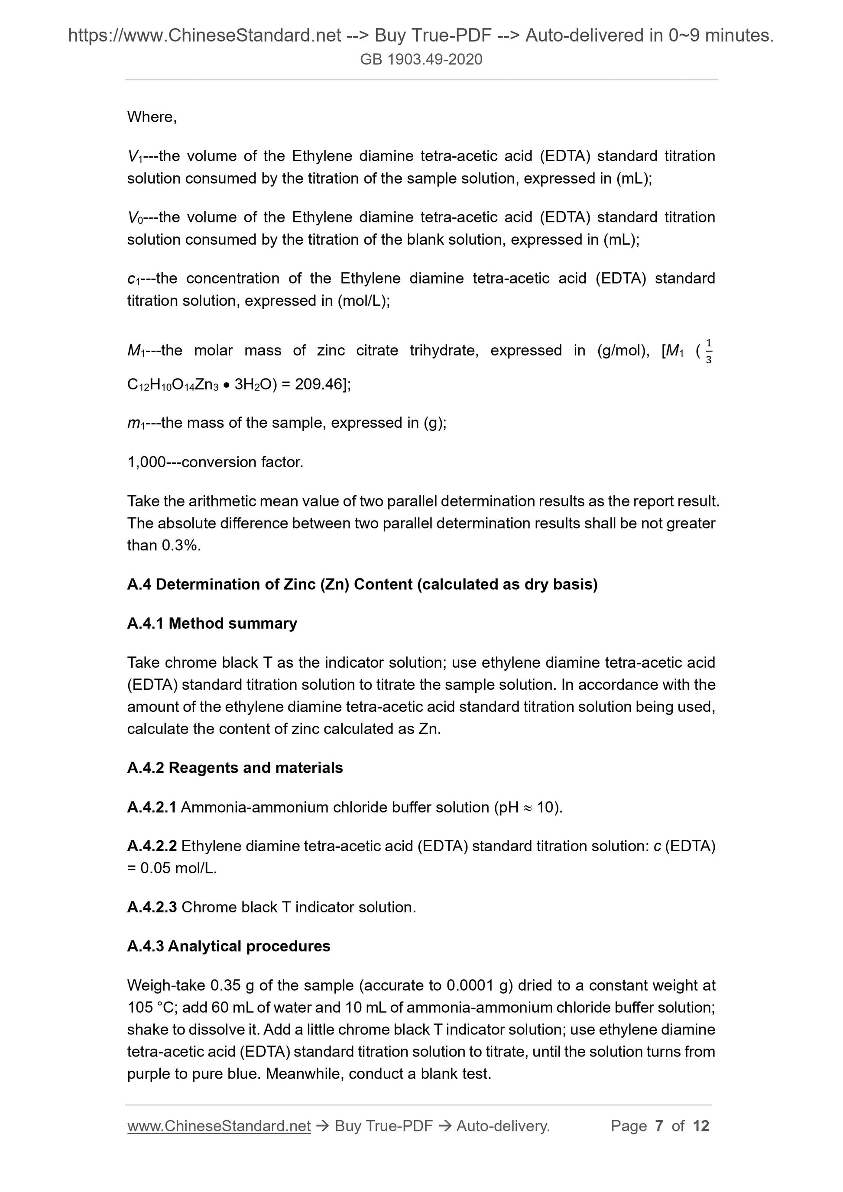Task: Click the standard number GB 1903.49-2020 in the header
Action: click(x=421, y=60)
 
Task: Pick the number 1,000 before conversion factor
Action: click(x=146, y=462)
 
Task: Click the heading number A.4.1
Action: click(x=146, y=623)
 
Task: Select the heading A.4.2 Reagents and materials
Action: click(x=235, y=768)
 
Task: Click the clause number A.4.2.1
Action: click(x=152, y=808)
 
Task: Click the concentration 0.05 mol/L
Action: click(x=178, y=868)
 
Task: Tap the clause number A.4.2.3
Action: click(x=152, y=907)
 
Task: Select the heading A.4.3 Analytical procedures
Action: click(x=229, y=946)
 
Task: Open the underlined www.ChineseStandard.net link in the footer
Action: click(x=219, y=1126)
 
